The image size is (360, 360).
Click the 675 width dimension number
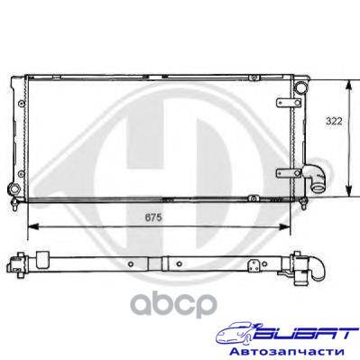pos(153,217)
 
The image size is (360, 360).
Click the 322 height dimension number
pos(334,121)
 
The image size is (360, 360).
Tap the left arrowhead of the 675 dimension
pos(33,226)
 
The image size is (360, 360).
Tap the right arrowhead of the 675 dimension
pos(284,226)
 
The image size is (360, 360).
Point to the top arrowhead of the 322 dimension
pos(348,86)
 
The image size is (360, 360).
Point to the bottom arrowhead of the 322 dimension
pos(348,190)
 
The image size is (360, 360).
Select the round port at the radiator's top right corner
pos(300,88)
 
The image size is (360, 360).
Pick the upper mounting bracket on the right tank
pos(289,103)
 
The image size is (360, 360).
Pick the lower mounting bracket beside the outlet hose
pos(289,173)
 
